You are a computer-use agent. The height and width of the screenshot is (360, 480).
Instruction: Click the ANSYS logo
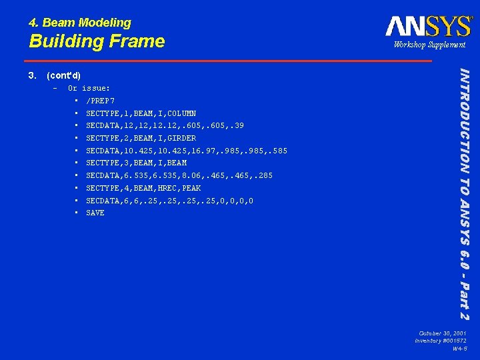click(429, 26)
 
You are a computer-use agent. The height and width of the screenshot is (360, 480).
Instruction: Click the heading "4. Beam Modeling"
click(80, 23)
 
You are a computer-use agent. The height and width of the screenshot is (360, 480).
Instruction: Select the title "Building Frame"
click(97, 41)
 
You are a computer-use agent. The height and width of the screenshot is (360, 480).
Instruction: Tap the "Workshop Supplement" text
click(429, 45)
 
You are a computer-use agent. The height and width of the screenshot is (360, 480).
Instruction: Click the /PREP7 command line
click(101, 101)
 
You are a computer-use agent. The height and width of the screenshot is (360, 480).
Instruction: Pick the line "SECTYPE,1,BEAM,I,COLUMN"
click(141, 113)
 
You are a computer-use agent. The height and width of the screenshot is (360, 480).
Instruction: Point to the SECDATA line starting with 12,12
click(165, 126)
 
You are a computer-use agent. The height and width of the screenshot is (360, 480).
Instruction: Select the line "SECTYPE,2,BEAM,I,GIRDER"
click(141, 138)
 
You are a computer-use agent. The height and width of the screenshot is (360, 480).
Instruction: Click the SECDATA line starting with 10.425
click(187, 151)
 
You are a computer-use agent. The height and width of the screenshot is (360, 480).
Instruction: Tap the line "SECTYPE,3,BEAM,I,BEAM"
click(136, 163)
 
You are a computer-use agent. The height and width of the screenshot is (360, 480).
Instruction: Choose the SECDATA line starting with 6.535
click(179, 175)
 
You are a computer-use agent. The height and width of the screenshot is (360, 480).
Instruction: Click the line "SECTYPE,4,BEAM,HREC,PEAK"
click(143, 188)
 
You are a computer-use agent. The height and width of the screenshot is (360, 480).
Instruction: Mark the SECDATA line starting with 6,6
click(169, 201)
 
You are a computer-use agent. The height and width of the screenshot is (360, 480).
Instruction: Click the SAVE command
click(95, 213)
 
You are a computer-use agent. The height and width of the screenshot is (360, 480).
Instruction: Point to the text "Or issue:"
click(89, 88)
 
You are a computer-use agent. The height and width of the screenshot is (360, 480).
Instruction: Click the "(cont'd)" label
click(64, 75)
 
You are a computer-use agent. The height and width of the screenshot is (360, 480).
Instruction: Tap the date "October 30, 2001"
click(443, 333)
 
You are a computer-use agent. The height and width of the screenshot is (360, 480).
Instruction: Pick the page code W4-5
click(459, 349)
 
